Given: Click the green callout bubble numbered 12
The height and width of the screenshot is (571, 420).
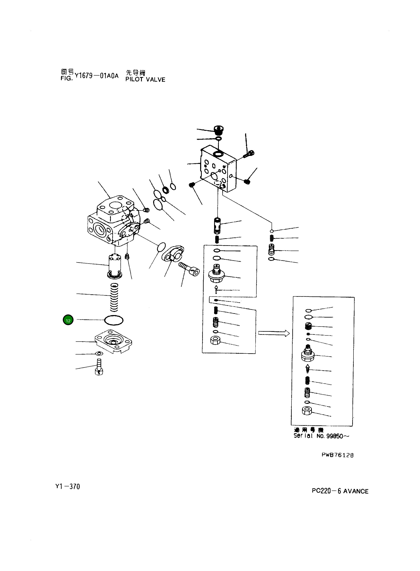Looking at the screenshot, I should tap(68, 320).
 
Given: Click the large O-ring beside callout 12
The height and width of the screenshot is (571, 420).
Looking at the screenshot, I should tap(114, 320).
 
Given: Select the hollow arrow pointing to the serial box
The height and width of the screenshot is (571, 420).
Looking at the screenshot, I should tap(274, 333).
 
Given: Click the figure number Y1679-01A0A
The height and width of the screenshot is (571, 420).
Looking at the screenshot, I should tap(97, 76).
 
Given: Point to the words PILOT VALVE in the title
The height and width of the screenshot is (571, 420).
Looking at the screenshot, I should tap(145, 80).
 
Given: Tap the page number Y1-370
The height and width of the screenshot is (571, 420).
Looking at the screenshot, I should tap(68, 487).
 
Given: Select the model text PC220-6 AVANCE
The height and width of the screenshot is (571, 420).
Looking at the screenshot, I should tap(340, 491).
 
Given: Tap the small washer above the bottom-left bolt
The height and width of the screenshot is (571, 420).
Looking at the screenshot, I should tap(99, 353).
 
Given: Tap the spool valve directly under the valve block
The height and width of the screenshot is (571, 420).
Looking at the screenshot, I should tap(217, 225).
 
